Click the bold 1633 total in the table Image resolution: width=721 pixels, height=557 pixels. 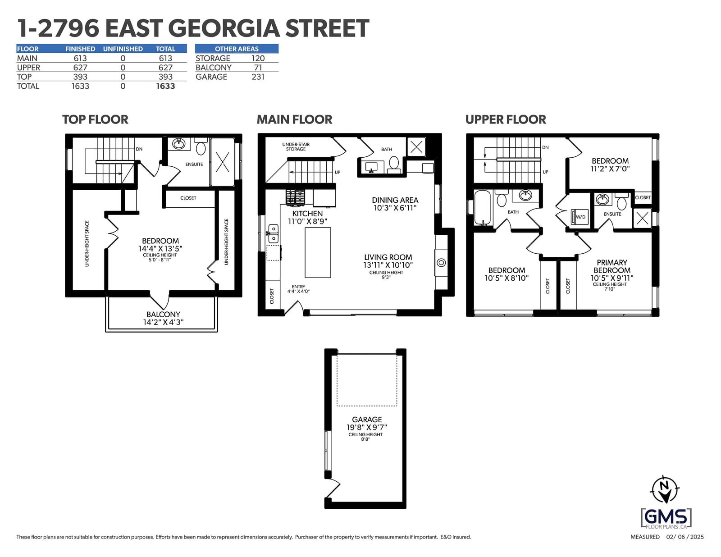(x=165, y=86)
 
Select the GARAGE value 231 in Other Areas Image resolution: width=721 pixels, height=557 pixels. (x=258, y=77)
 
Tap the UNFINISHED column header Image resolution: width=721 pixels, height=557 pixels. (x=123, y=49)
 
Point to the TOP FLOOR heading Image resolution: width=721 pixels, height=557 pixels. (x=95, y=119)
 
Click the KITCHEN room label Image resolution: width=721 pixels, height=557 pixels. (x=307, y=214)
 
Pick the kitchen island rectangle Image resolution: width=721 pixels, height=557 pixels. (x=318, y=252)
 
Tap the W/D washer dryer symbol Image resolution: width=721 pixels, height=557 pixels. (x=580, y=217)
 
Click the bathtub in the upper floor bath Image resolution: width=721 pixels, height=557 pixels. (x=483, y=207)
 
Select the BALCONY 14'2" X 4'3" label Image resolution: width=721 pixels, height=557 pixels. (x=163, y=318)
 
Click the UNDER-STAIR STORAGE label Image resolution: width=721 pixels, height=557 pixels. (x=296, y=146)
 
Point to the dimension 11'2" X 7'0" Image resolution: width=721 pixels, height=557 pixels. (x=610, y=169)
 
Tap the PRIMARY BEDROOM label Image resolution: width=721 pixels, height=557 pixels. (x=612, y=266)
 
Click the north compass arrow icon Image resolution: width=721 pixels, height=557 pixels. (x=665, y=489)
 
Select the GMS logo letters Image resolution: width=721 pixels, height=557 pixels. (x=666, y=516)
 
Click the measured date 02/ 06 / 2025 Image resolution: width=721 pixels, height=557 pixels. (x=685, y=537)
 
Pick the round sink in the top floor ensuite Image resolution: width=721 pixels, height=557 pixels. (x=179, y=144)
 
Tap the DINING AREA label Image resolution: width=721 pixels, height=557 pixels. (x=395, y=200)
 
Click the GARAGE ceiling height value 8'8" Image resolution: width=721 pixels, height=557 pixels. (x=365, y=439)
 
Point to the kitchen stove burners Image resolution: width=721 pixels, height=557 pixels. (x=295, y=197)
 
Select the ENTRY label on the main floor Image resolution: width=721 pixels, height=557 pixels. (x=298, y=287)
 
